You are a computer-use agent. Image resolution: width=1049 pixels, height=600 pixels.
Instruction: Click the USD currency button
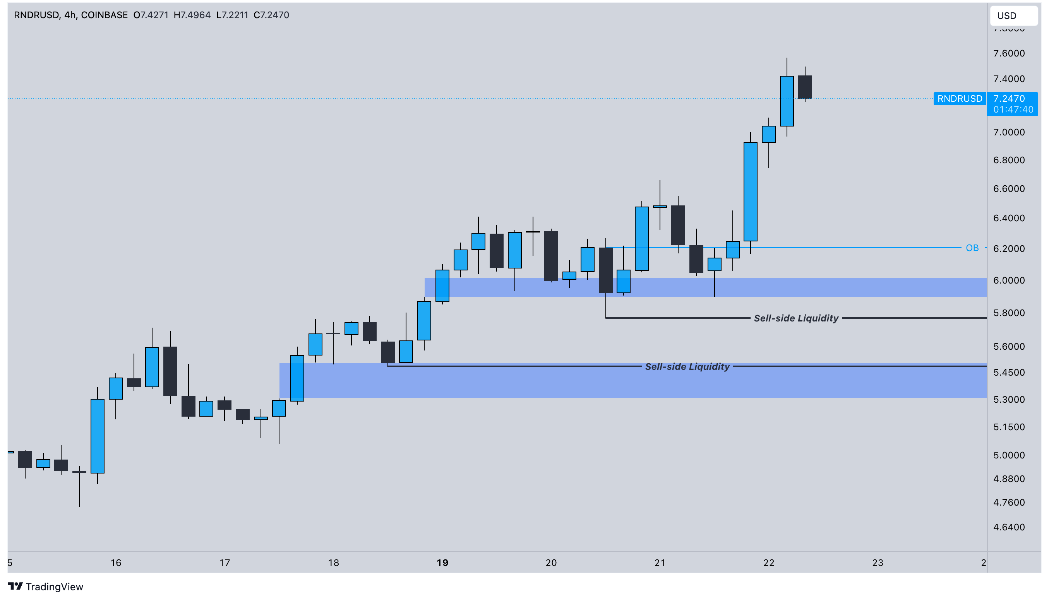click(x=1013, y=15)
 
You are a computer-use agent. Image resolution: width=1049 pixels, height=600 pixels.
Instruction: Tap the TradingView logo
click(x=45, y=586)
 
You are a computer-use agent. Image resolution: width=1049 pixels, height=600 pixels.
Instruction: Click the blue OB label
click(x=972, y=248)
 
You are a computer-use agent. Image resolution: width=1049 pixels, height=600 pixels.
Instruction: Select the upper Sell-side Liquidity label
click(x=796, y=318)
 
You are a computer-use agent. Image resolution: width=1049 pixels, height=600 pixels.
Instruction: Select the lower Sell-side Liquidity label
click(x=687, y=366)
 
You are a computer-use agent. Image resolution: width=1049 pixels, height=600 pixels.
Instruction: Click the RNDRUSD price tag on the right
click(x=960, y=99)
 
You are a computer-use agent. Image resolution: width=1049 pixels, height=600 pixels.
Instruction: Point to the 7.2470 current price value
click(x=1009, y=99)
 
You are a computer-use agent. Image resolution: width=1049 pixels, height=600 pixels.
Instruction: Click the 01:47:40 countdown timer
click(x=1013, y=109)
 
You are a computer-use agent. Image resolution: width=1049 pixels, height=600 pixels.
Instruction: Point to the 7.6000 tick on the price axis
click(x=1009, y=53)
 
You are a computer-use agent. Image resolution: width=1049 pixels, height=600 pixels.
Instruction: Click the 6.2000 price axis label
click(x=1009, y=248)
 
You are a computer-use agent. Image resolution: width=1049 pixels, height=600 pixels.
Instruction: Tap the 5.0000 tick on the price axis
click(x=1009, y=455)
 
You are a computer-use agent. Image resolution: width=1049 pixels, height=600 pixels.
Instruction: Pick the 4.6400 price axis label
click(x=1009, y=527)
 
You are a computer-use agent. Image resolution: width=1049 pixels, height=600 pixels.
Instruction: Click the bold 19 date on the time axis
click(x=442, y=563)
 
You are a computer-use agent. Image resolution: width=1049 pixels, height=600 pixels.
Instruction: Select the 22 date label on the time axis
click(x=769, y=563)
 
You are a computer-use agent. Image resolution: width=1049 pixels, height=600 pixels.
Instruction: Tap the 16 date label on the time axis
click(x=116, y=563)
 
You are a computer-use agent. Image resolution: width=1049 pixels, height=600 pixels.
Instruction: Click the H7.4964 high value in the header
click(x=192, y=15)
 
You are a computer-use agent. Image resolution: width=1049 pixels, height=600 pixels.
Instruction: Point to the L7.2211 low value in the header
click(x=232, y=15)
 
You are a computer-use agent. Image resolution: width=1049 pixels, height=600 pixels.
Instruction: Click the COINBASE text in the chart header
click(x=105, y=15)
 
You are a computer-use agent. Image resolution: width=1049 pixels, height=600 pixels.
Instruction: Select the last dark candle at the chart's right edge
click(x=805, y=87)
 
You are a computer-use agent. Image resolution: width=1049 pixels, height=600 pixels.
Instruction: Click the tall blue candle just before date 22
click(x=750, y=191)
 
